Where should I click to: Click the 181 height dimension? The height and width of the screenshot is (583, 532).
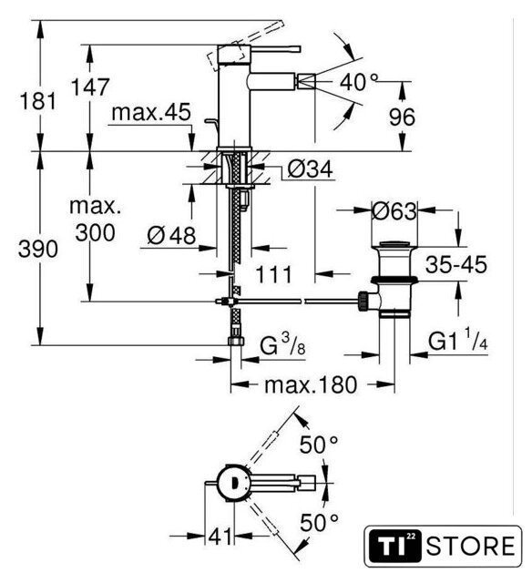[x=37, y=101]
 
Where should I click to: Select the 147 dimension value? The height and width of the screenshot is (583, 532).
[x=90, y=87]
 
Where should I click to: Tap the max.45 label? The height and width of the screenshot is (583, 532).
[x=151, y=112]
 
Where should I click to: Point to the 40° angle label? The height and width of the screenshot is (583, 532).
[x=359, y=82]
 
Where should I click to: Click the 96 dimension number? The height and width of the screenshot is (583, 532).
[x=403, y=118]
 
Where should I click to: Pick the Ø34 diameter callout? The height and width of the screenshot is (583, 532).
[x=310, y=169]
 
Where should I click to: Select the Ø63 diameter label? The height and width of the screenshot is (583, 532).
[x=394, y=211]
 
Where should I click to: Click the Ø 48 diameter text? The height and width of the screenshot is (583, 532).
[x=171, y=235]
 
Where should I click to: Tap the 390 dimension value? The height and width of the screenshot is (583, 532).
[x=38, y=249]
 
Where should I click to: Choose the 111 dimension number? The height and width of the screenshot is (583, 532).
[x=273, y=275]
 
